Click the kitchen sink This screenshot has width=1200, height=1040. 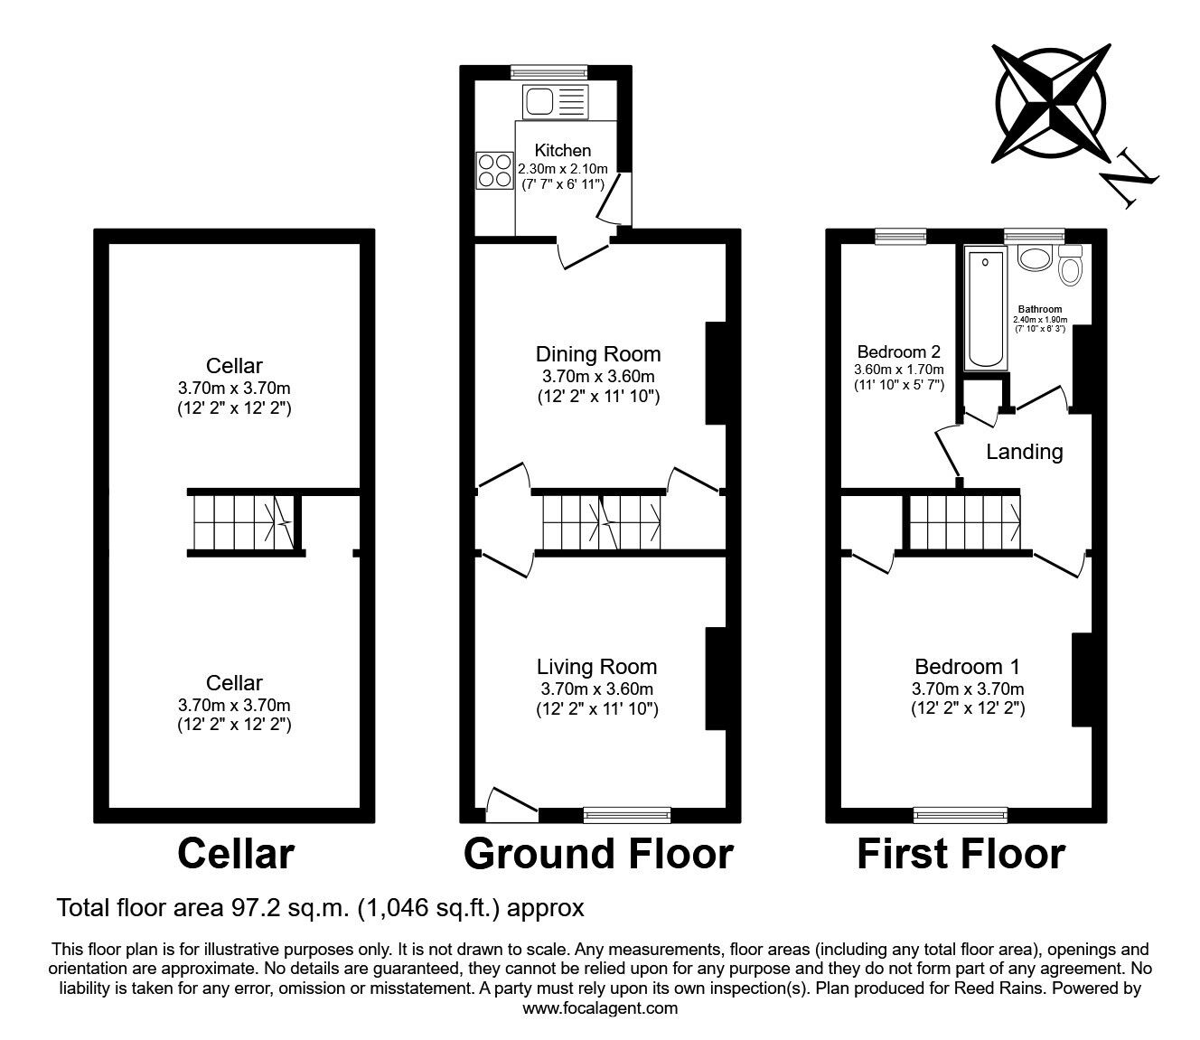(556, 101)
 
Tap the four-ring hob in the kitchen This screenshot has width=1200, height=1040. (495, 170)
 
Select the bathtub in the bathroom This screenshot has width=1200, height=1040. (985, 308)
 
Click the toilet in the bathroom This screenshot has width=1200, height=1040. (1070, 266)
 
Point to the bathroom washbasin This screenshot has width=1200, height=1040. (1035, 258)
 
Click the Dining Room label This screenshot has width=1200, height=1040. (598, 353)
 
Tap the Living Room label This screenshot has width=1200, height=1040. (596, 667)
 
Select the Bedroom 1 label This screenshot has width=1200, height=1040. (967, 667)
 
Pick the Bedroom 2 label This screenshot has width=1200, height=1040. (899, 351)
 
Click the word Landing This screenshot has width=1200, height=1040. (1025, 452)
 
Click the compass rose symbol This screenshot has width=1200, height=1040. (1051, 103)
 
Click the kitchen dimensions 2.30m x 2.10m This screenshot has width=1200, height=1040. (563, 169)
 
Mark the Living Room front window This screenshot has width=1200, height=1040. (627, 815)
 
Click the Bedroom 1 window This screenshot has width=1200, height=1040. (961, 815)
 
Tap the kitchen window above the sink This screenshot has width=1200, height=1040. (549, 72)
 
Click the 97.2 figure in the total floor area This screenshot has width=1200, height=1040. (248, 907)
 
